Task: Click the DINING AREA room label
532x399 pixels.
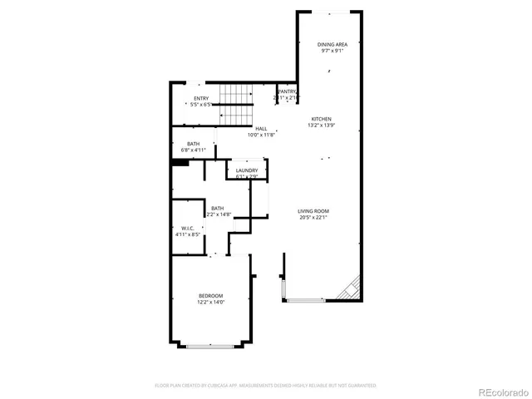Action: pos(332,44)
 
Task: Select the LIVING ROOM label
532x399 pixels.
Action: pos(313,211)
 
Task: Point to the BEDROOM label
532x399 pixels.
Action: pos(210,296)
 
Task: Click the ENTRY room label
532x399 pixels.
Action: pos(201,98)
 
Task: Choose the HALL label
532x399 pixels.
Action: pos(261,128)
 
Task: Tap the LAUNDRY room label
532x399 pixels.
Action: pos(246,170)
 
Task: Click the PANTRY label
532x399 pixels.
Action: pos(287,91)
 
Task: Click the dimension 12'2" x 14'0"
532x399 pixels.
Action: pos(210,303)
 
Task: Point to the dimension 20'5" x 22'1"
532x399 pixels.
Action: pos(313,218)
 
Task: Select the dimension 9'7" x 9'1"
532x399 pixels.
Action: pos(332,51)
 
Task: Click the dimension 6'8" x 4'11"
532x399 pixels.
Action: pos(193,150)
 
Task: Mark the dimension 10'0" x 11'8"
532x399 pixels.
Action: pos(261,135)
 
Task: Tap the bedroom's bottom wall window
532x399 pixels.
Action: pos(210,346)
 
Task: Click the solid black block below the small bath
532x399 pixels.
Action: pos(179,163)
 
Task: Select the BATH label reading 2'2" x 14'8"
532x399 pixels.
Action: pos(217,209)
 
